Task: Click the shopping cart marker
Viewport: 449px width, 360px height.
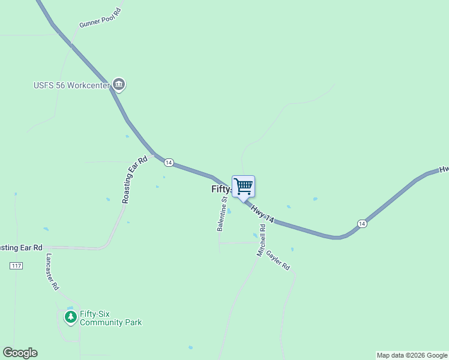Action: [x=243, y=186]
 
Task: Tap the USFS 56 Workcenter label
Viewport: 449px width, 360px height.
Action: [x=71, y=85]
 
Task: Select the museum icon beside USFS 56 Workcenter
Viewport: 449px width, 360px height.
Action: [x=119, y=85]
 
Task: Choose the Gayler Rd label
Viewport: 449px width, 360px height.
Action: [x=279, y=260]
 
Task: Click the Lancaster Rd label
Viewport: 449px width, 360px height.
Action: [x=52, y=272]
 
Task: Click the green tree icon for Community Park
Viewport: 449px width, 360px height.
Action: [x=71, y=316]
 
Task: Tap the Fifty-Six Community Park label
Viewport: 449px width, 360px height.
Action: [x=110, y=318]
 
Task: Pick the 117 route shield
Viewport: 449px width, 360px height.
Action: [x=16, y=265]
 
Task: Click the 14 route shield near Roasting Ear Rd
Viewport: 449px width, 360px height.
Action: [x=169, y=163]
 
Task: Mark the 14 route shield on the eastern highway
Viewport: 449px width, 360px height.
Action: [x=361, y=223]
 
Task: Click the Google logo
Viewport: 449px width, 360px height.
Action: [x=20, y=353]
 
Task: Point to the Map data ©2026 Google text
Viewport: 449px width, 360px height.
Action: [x=412, y=355]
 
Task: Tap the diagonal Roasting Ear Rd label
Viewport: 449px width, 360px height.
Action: [x=134, y=180]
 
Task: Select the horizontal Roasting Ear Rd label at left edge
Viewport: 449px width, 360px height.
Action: [x=21, y=247]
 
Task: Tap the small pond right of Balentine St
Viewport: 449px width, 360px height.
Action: [x=229, y=211]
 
